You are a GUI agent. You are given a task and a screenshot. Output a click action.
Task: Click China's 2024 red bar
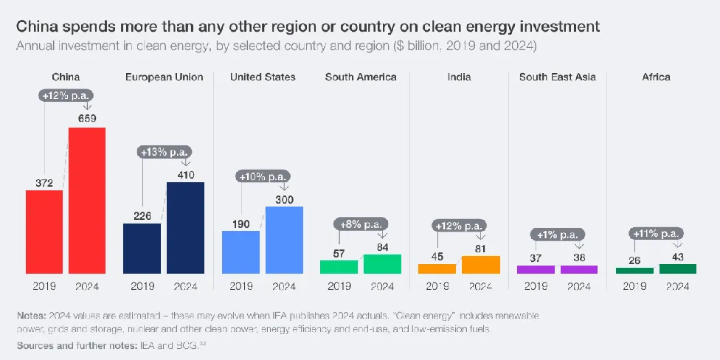[x=87, y=201]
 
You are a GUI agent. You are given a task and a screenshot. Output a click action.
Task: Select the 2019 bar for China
[x=44, y=232]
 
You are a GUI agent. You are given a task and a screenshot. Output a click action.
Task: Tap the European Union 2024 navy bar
[x=185, y=228]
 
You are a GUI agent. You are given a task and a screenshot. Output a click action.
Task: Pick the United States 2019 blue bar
[x=240, y=252]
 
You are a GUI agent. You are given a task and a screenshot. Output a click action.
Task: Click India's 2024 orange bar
[x=481, y=265]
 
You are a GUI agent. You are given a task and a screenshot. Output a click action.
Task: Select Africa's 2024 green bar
[x=677, y=269]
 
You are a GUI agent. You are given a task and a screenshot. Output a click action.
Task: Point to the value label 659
[x=87, y=118]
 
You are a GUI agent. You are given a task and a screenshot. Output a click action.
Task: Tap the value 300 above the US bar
[x=284, y=198]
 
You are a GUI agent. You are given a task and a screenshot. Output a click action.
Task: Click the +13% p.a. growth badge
[x=163, y=152]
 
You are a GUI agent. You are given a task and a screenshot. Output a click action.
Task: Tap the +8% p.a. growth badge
[x=360, y=224]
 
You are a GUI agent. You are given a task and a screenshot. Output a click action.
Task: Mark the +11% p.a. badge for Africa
[x=656, y=234]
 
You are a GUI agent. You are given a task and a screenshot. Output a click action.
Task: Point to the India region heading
[x=458, y=77]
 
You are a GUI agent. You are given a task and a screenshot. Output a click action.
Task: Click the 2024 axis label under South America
[x=382, y=286]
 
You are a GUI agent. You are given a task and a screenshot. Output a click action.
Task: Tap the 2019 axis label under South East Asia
[x=536, y=286]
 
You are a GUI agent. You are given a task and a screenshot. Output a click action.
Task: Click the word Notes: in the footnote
[x=32, y=315]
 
